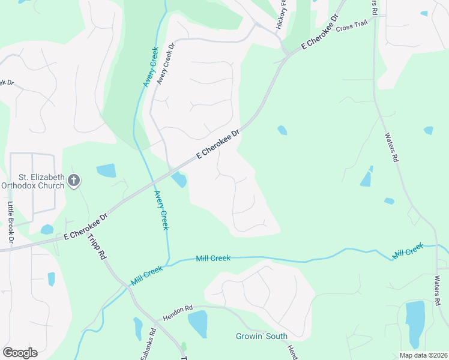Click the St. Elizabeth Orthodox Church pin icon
coord(74,180)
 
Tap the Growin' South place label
coord(261,336)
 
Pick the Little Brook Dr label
coord(11,223)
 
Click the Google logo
coord(20,353)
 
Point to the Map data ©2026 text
coord(423,355)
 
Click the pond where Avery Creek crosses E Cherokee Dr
coord(179,179)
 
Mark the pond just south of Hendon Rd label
coord(197,324)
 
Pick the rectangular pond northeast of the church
coord(106,170)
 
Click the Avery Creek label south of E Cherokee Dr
coord(161,210)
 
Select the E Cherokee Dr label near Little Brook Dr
coord(85,226)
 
